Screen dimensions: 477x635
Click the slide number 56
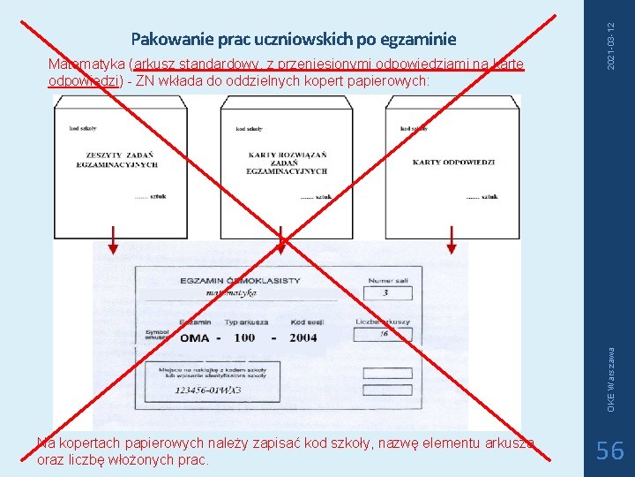(x=609, y=451)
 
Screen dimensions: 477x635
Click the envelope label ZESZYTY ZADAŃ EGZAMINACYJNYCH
(x=117, y=160)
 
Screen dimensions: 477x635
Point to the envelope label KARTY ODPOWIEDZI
(x=453, y=163)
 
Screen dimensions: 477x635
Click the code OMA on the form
(x=194, y=338)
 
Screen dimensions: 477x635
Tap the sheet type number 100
(x=244, y=338)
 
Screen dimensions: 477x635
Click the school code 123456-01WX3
(x=208, y=390)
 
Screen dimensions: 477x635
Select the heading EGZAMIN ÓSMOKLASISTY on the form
(x=239, y=281)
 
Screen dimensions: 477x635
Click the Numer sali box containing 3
(x=386, y=293)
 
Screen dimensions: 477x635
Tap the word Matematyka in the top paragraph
(x=86, y=64)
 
